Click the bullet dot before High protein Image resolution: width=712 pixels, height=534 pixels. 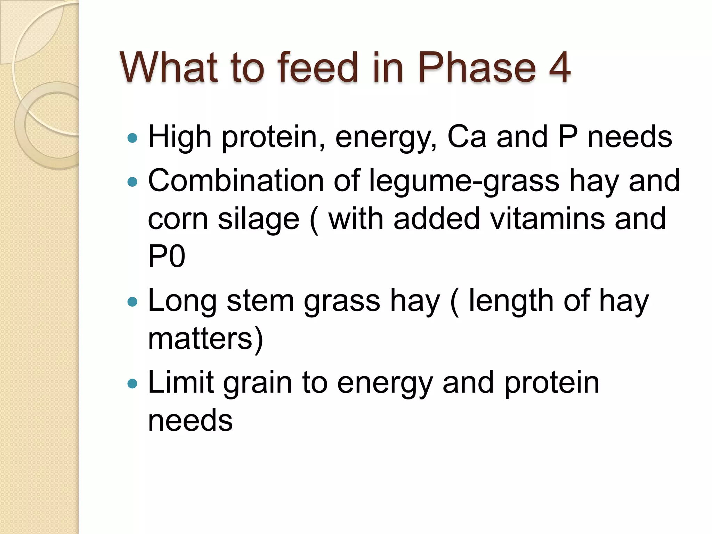click(132, 138)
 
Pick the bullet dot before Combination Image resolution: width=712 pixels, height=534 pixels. click(132, 182)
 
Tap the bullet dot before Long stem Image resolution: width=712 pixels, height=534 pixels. click(132, 301)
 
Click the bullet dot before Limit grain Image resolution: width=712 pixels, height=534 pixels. click(132, 383)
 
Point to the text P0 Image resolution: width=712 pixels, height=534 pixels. click(167, 256)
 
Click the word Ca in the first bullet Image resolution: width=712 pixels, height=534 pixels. click(467, 137)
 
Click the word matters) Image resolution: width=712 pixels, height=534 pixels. click(205, 339)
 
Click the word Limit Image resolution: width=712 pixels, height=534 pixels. click(180, 382)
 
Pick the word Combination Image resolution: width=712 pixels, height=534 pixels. click(236, 181)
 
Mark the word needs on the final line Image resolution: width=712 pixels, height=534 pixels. click(190, 421)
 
